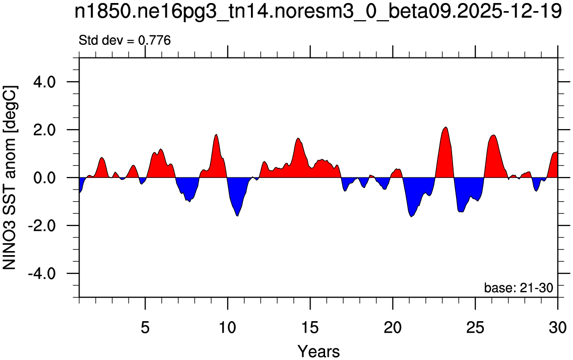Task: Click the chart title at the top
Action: pos(318,13)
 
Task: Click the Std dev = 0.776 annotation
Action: pos(124,40)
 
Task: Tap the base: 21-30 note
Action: pos(519,287)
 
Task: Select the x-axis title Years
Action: pos(319,351)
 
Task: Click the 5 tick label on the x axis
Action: pos(146,318)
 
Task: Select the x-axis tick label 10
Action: pos(228,318)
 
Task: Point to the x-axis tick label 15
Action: pos(310,318)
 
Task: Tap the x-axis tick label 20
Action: pos(393,318)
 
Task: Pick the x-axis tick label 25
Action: pos(475,318)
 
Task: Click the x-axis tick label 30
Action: pos(558,318)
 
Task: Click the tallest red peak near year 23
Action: pos(445,128)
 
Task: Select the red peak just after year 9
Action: pos(216,135)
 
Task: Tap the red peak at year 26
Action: pos(494,136)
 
